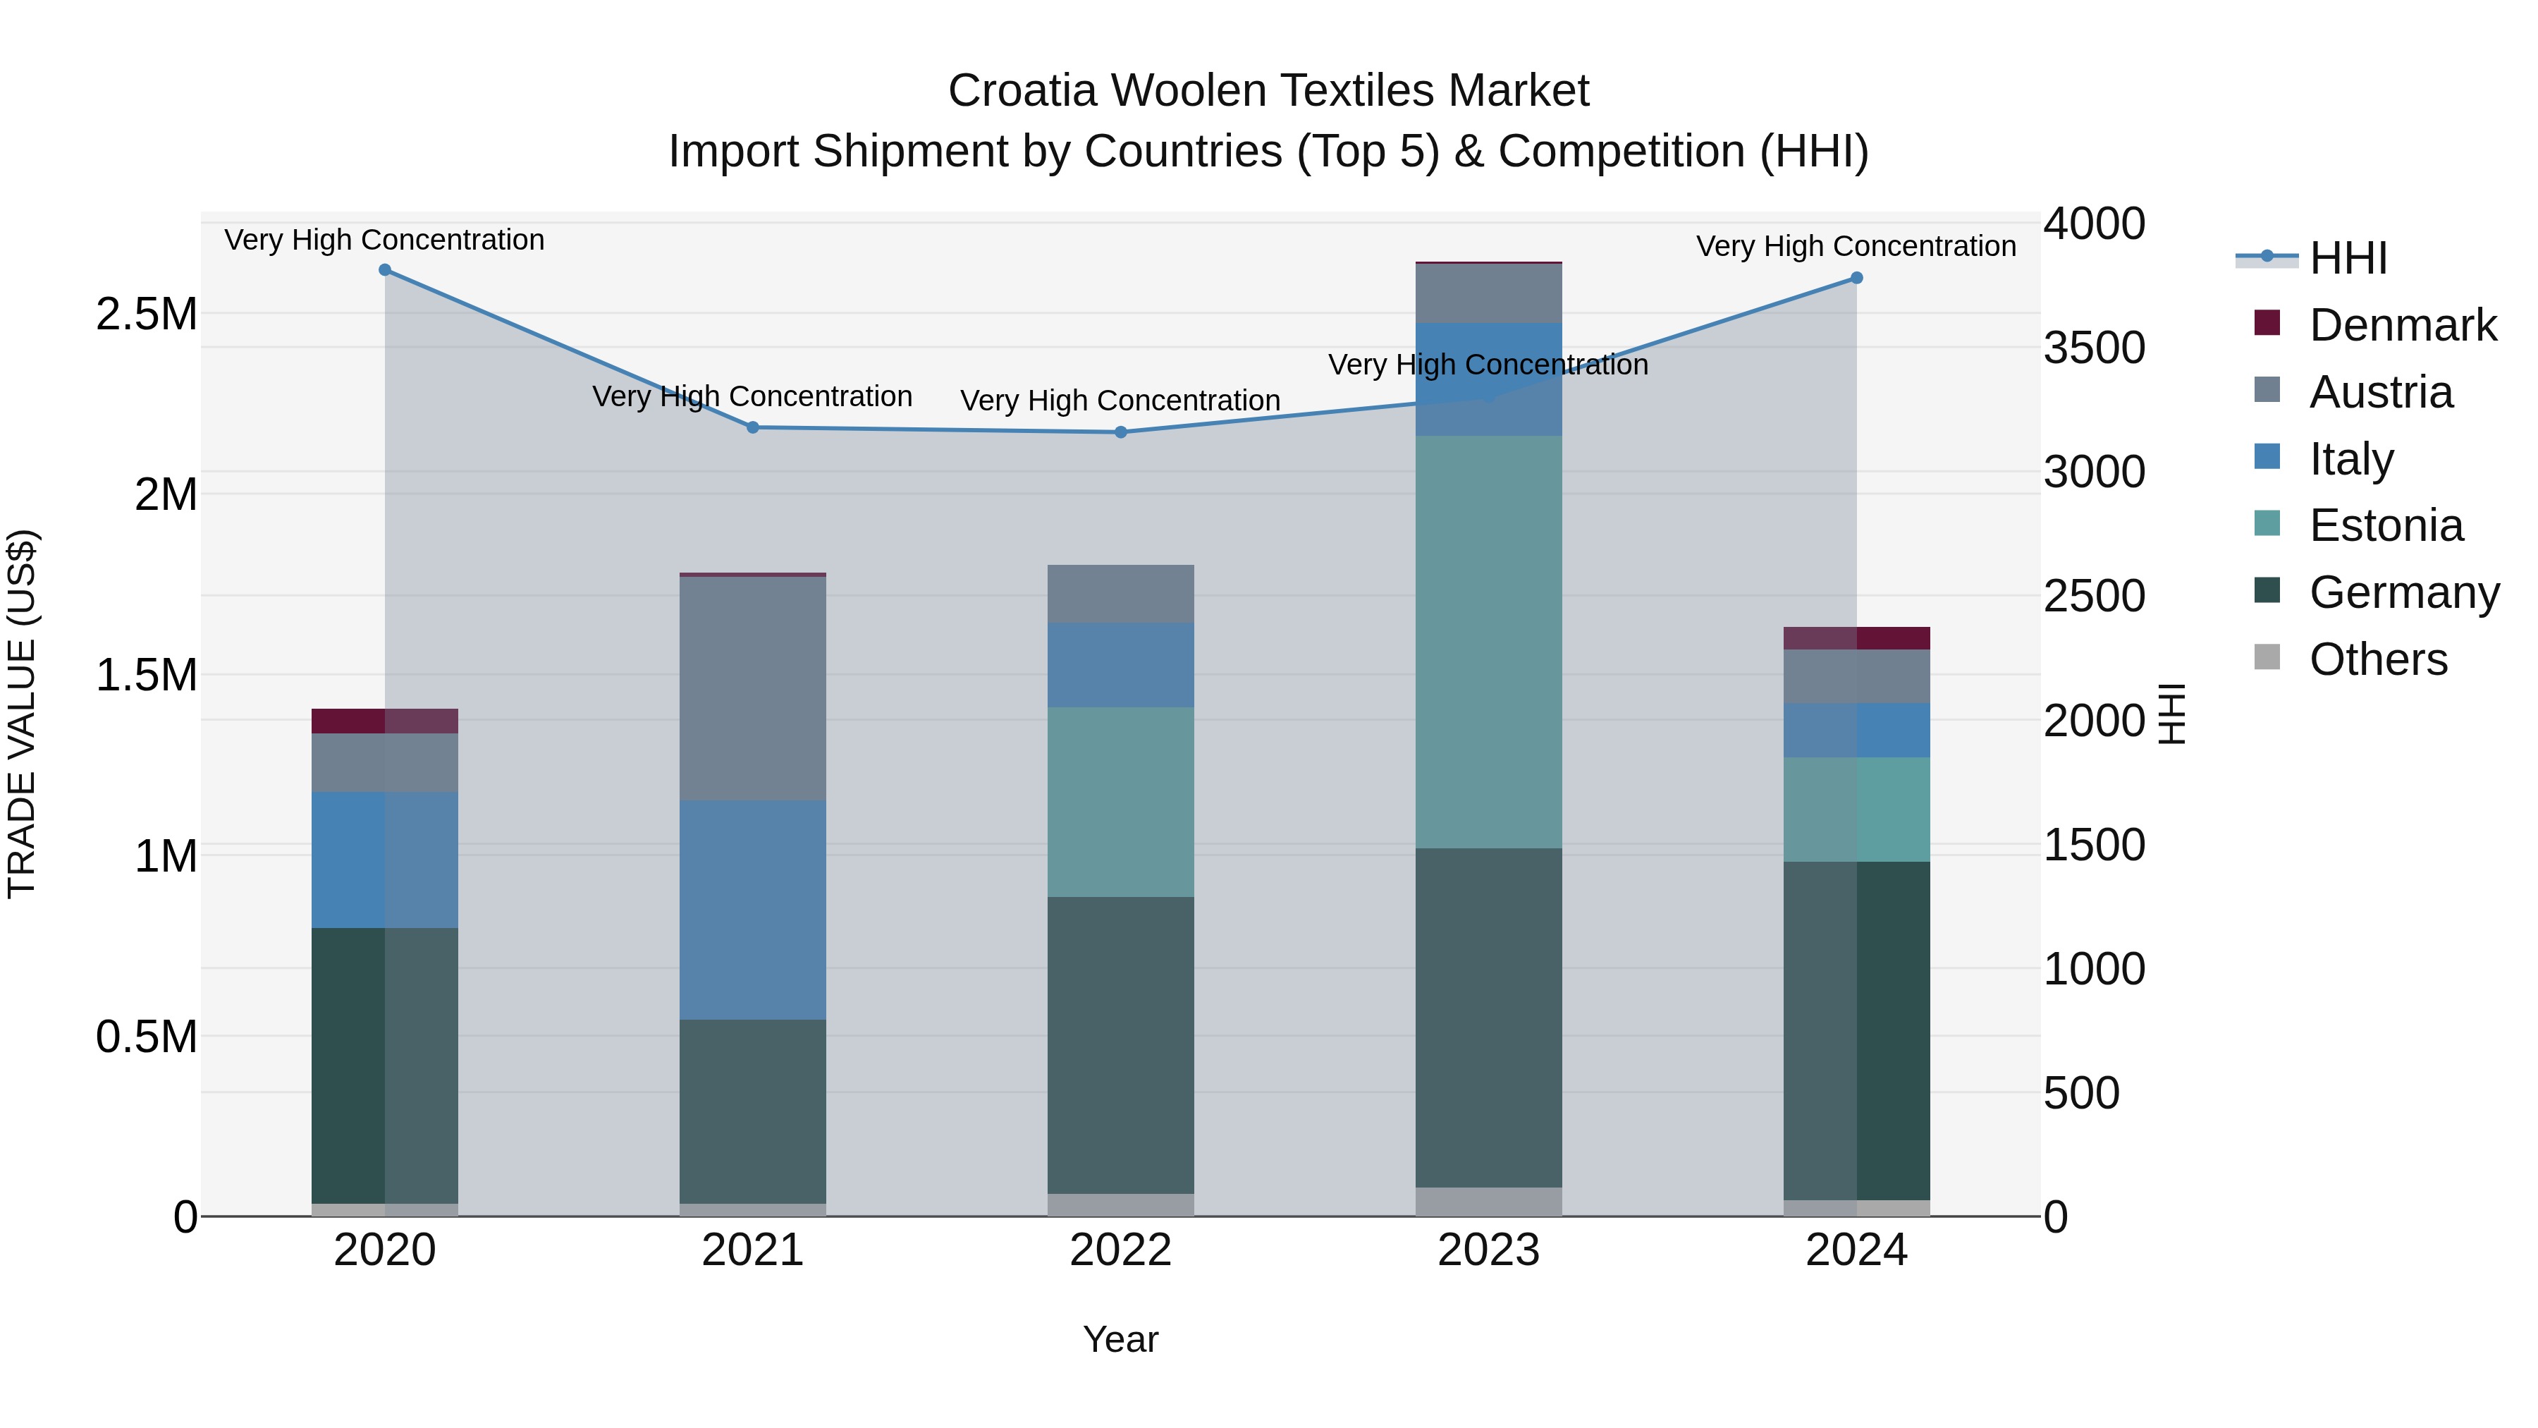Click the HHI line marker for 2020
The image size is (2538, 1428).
point(385,270)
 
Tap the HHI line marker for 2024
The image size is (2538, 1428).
point(1856,278)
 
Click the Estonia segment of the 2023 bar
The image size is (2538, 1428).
point(1489,640)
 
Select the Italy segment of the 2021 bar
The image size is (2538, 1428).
point(753,909)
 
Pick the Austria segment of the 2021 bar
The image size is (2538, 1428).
point(753,688)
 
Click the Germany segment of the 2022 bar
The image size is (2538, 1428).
point(1120,1044)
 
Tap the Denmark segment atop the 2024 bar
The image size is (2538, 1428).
point(1856,637)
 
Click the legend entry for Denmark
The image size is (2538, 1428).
point(2401,325)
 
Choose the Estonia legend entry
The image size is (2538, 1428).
point(2385,525)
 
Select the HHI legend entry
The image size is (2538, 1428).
point(2347,258)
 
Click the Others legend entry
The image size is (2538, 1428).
point(2377,659)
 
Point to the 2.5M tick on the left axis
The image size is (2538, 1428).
point(147,315)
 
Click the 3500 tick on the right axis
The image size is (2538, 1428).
point(2094,348)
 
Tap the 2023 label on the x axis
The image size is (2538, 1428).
point(1489,1250)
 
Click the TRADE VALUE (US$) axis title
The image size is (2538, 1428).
point(22,714)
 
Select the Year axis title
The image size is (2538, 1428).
point(1120,1339)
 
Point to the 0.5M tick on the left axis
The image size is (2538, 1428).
point(147,1037)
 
